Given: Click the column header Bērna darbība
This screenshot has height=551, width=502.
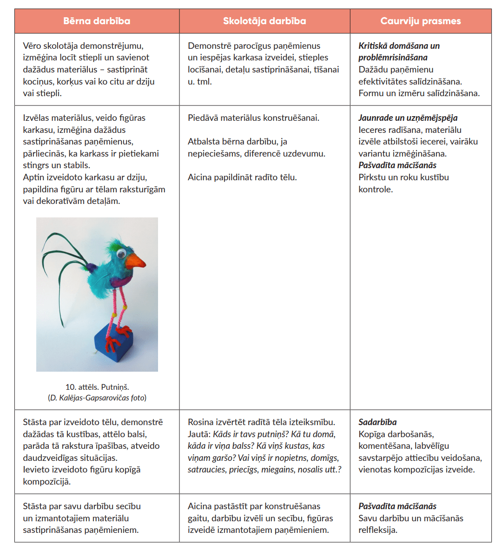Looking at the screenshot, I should (97, 21).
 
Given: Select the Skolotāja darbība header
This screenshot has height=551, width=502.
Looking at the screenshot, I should (264, 21).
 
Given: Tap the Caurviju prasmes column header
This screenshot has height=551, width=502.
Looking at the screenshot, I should (421, 21).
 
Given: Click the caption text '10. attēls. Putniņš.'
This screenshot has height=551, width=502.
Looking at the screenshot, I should (97, 387).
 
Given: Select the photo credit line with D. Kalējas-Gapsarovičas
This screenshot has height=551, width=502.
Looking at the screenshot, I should (97, 398).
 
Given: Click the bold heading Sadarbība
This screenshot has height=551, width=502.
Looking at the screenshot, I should (377, 422).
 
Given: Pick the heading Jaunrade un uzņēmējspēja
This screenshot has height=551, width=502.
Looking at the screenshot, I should (408, 118).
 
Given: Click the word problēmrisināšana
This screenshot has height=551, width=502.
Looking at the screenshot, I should (393, 58).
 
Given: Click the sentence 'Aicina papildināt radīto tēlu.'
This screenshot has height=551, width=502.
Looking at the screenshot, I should (242, 177).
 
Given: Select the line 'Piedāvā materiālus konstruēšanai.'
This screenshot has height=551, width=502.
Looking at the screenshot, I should (253, 118).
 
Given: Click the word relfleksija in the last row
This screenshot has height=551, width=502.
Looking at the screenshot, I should (377, 530).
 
